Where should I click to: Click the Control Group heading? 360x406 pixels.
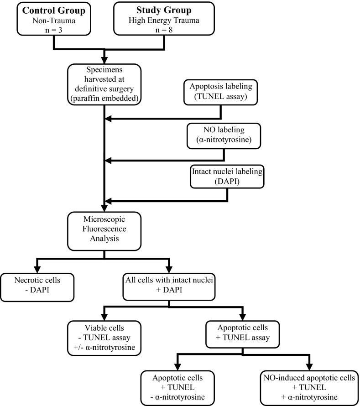[x=54, y=10]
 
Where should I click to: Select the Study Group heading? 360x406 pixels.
[x=163, y=10]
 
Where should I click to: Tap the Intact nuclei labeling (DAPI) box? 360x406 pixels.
[x=227, y=177]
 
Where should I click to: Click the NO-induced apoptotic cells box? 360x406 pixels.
[x=309, y=388]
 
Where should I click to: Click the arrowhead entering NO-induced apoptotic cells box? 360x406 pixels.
[x=309, y=369]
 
